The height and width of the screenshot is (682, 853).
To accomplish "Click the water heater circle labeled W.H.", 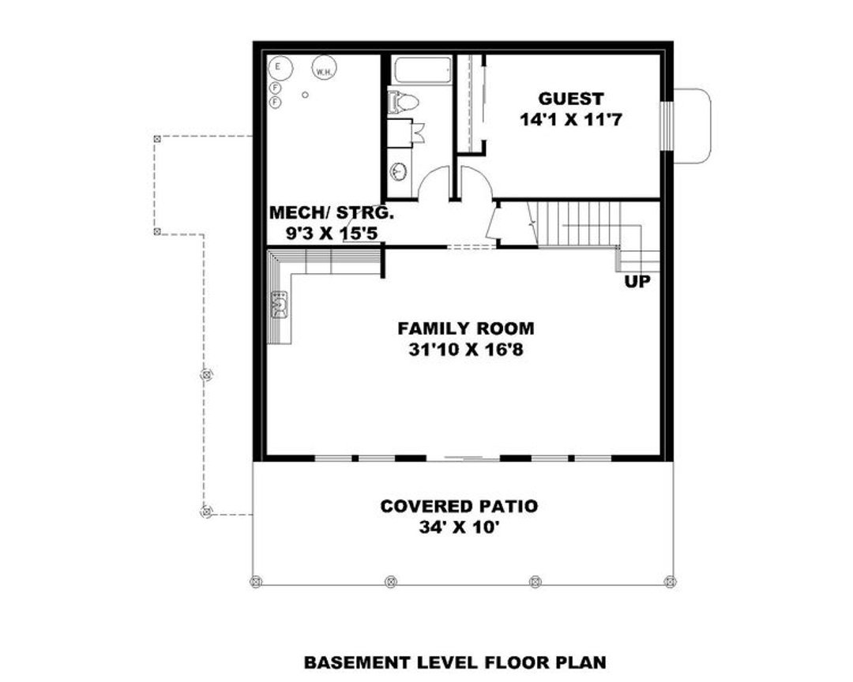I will click(x=323, y=69).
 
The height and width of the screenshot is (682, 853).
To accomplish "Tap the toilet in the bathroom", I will click(x=404, y=102).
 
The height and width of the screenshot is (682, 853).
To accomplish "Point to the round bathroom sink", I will click(x=400, y=170).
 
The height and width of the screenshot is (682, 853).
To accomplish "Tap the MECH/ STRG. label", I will click(x=332, y=213).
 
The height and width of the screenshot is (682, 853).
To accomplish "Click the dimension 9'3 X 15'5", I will click(x=332, y=234).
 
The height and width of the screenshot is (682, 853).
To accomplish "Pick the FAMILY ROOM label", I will click(x=465, y=328).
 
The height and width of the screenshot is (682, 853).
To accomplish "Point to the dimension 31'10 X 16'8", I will click(x=465, y=349).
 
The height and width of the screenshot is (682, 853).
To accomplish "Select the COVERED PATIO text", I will click(x=459, y=506).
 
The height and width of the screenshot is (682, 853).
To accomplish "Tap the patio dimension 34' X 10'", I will click(x=459, y=526).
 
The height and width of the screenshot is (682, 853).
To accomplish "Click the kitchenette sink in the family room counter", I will click(x=280, y=303).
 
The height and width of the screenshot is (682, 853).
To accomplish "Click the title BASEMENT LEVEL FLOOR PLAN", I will click(x=455, y=662).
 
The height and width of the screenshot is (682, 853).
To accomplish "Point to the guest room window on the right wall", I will click(x=667, y=126).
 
